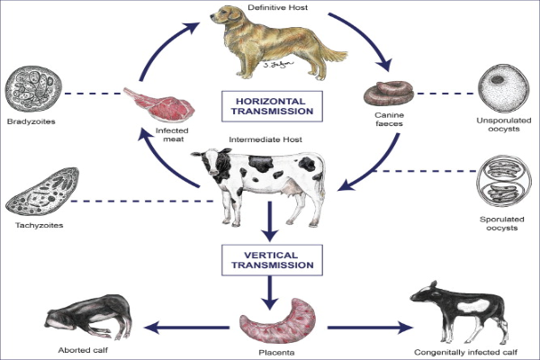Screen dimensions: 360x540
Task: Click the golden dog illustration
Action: [x=269, y=45]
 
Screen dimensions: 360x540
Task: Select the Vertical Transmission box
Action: [x=270, y=258]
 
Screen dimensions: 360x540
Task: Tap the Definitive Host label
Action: [x=269, y=7]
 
